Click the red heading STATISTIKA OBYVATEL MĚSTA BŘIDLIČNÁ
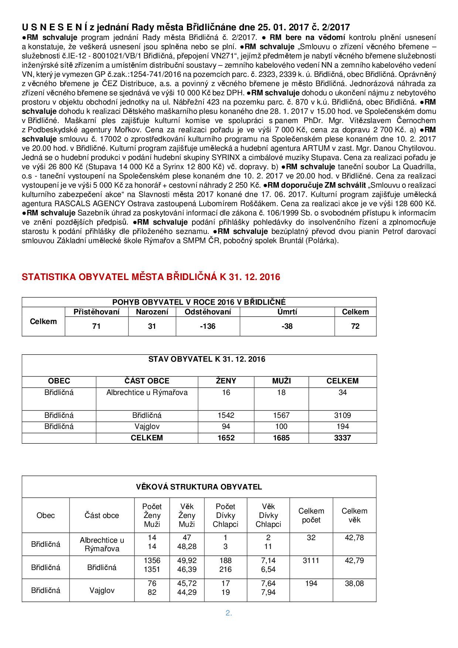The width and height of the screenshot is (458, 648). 151,277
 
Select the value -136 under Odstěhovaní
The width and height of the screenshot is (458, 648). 208,326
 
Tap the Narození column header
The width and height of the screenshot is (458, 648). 152,312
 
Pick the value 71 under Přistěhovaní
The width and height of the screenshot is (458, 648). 96,326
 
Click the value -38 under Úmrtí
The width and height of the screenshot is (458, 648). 287,326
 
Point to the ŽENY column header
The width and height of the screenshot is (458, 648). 226,381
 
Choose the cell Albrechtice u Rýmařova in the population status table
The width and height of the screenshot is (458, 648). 147,392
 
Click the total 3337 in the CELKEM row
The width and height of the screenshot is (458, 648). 342,438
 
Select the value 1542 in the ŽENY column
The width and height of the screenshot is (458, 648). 226,415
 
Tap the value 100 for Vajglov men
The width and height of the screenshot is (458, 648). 281,426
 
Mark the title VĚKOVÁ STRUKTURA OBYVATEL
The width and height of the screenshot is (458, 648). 199,487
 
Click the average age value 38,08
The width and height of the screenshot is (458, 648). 354,583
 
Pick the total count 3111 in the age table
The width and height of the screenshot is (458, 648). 311,560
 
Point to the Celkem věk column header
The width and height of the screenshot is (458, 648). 354,515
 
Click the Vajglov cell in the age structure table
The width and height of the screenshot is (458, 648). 102,590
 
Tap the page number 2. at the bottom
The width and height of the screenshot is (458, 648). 229,613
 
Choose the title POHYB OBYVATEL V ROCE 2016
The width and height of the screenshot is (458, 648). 199,302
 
